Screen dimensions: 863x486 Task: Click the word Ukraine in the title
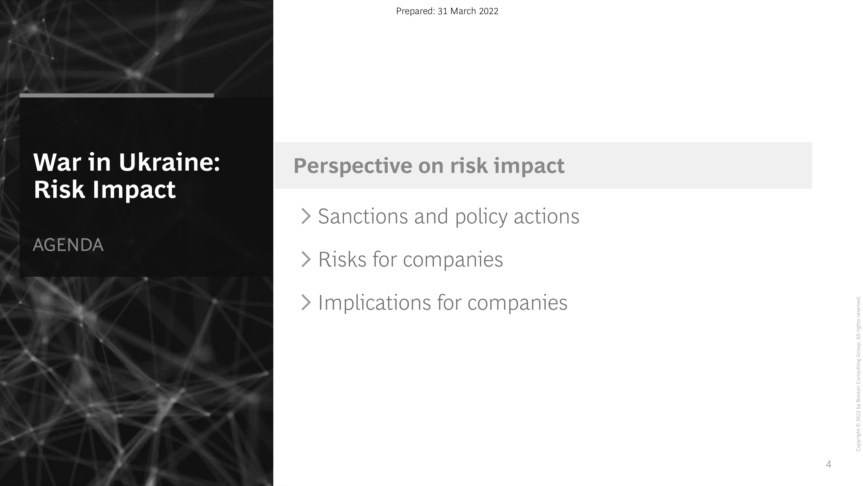pos(169,162)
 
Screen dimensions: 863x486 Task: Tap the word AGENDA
pos(68,245)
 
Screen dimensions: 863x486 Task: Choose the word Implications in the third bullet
pos(374,303)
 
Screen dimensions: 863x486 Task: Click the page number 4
pos(829,464)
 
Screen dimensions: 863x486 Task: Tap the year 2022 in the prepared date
pos(488,11)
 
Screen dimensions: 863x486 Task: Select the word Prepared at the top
pos(415,11)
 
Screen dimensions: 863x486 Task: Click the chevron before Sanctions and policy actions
pos(306,216)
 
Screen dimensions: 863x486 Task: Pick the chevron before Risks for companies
pos(306,259)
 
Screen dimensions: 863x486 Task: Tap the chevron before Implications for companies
pos(306,302)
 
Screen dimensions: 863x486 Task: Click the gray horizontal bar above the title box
pos(117,96)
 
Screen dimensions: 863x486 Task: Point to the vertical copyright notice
pos(858,373)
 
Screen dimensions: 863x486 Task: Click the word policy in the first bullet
pos(481,217)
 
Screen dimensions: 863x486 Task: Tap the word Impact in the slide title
pos(134,190)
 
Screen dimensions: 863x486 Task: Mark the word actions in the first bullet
pos(546,216)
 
